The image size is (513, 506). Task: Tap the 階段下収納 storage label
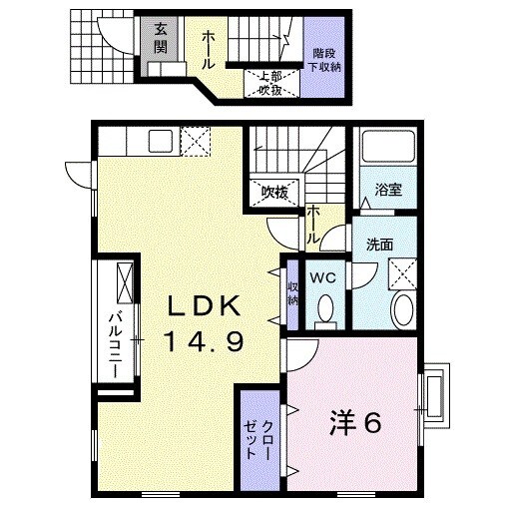point(323,59)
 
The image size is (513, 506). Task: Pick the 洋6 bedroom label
point(353,422)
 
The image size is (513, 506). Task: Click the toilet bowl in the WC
point(323,310)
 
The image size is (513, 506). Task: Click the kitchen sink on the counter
point(162,140)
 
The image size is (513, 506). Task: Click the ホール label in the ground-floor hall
point(210,49)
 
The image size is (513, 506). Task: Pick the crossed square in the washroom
point(401,271)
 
